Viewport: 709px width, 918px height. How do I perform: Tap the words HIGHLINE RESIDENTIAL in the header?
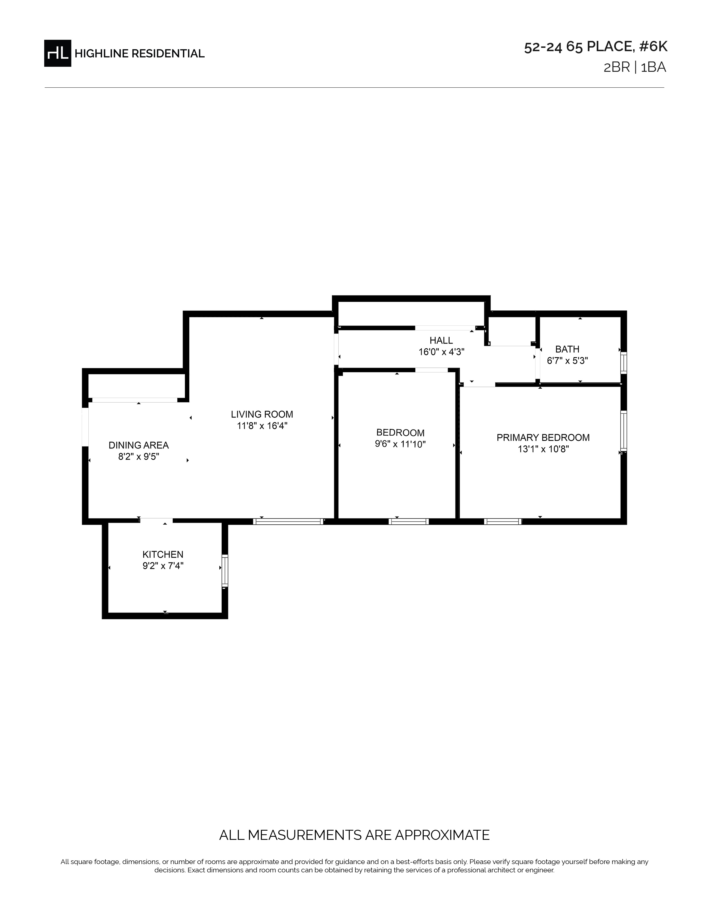pos(140,54)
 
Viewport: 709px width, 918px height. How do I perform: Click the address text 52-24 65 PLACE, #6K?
pos(596,47)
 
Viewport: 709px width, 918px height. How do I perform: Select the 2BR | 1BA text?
pos(635,67)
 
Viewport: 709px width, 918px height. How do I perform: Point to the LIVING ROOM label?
pos(262,414)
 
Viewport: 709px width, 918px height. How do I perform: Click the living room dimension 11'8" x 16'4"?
pos(262,426)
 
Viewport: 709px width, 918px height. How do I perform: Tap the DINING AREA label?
pos(139,445)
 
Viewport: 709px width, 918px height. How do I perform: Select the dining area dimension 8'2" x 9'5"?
pos(139,456)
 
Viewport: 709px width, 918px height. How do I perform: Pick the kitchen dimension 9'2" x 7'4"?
pos(163,566)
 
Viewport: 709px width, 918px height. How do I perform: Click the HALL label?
pos(442,340)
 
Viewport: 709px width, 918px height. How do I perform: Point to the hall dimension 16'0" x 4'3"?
pos(442,352)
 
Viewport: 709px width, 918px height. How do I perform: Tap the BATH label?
pos(567,349)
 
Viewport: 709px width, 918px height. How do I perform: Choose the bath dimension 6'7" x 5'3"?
pos(567,361)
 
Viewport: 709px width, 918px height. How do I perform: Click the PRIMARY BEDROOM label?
pos(543,438)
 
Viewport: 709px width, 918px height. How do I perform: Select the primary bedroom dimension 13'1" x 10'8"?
pos(543,449)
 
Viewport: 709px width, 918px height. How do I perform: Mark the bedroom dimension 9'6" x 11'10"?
pos(400,444)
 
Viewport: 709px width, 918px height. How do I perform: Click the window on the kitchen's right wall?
pos(225,571)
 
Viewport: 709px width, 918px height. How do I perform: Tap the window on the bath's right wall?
pos(624,362)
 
